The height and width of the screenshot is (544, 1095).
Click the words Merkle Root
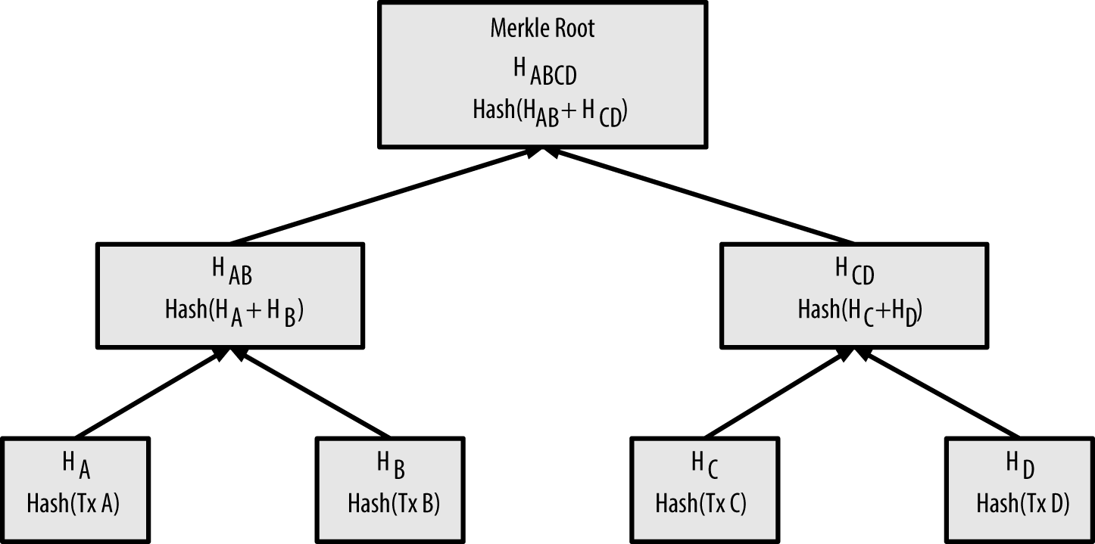[542, 29]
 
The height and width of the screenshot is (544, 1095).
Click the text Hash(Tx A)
[74, 503]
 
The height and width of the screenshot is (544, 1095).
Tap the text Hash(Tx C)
[700, 503]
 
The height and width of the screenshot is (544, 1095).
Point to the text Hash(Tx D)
[1022, 503]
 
